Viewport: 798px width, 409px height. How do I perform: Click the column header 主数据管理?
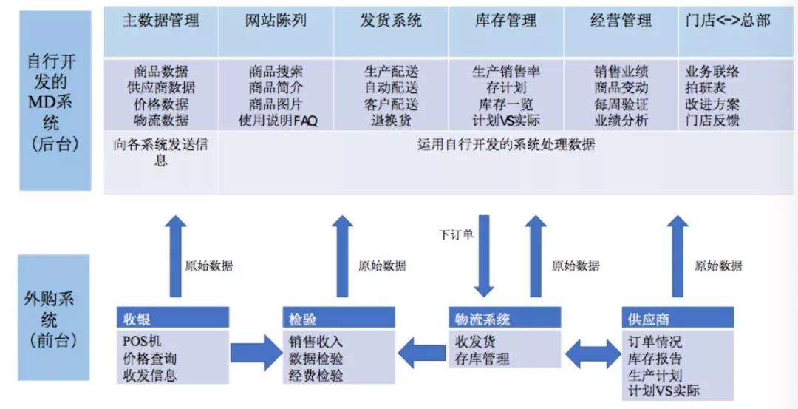coord(161,21)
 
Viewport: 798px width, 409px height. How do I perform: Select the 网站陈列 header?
coord(276,21)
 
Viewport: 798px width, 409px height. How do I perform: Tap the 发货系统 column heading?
coord(391,21)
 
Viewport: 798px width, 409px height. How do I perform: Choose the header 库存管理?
coord(506,21)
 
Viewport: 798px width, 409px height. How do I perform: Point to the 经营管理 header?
coord(621,21)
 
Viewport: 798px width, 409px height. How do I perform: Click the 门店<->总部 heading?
coord(729,21)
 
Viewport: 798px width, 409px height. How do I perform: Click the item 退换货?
coord(392,121)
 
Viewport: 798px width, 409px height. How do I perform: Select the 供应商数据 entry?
coord(161,87)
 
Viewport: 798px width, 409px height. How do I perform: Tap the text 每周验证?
coord(621,104)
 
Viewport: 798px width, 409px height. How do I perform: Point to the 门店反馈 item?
coord(712,121)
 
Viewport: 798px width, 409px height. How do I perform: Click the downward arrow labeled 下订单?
coord(483,256)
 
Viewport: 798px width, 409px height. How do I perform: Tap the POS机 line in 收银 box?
coord(142,341)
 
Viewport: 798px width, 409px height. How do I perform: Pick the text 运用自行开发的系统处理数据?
coord(506,145)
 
